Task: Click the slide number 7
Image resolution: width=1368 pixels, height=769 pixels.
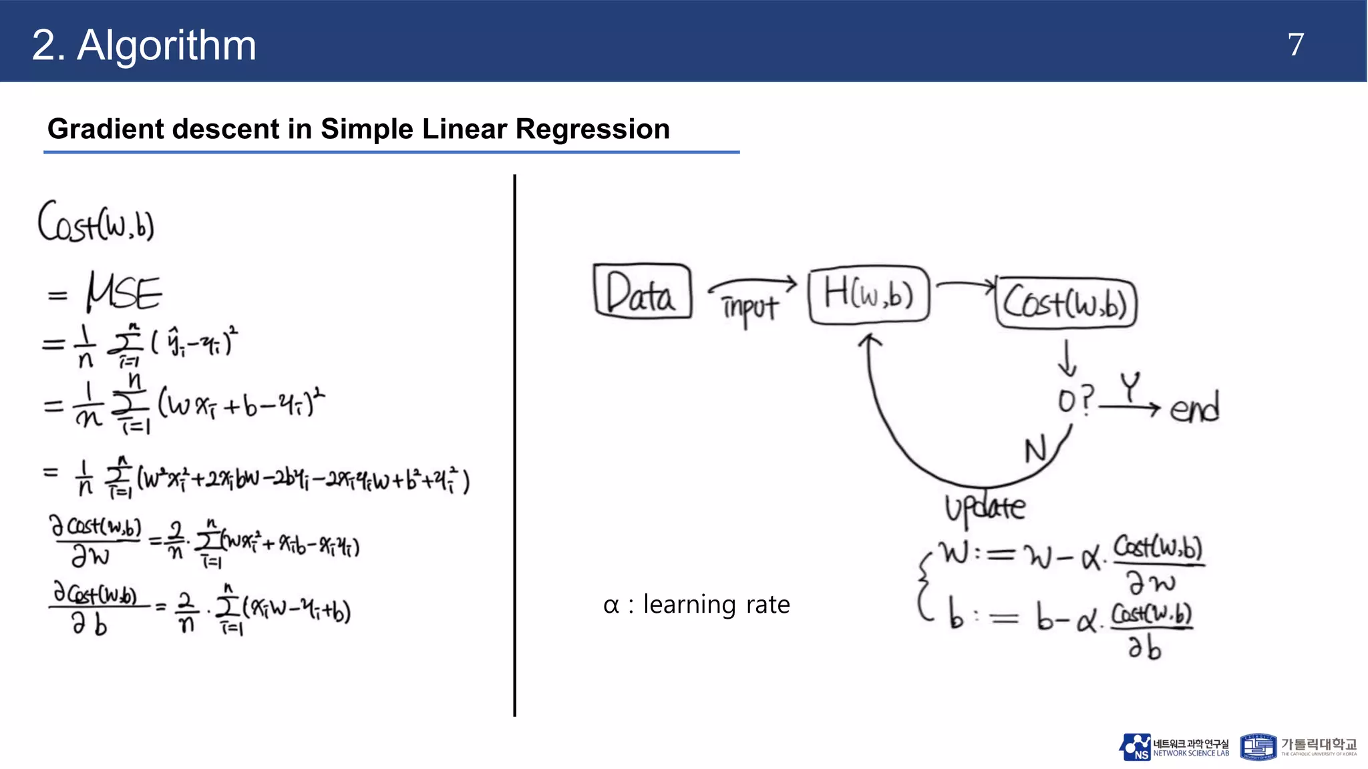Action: click(1295, 45)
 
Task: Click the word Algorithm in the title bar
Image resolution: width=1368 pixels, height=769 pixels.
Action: click(166, 45)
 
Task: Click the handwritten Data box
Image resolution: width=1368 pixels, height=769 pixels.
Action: click(642, 291)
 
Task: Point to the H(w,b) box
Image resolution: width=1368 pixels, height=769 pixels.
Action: click(868, 295)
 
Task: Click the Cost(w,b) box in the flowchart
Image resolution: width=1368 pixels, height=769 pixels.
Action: click(1066, 303)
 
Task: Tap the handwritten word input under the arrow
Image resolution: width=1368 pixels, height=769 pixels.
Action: click(749, 308)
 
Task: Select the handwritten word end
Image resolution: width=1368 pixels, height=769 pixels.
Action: click(1194, 407)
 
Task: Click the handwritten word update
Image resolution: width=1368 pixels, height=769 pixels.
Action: click(985, 508)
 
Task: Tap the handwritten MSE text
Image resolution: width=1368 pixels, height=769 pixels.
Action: click(124, 292)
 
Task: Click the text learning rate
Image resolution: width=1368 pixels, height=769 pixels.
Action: click(716, 605)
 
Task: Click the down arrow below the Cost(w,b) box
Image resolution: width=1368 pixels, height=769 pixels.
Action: click(1067, 359)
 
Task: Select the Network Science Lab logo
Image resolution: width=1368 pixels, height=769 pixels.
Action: click(1174, 747)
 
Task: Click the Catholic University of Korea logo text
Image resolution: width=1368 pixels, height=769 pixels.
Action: click(1318, 746)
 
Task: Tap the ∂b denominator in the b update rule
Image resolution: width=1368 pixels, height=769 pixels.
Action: click(1144, 646)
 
